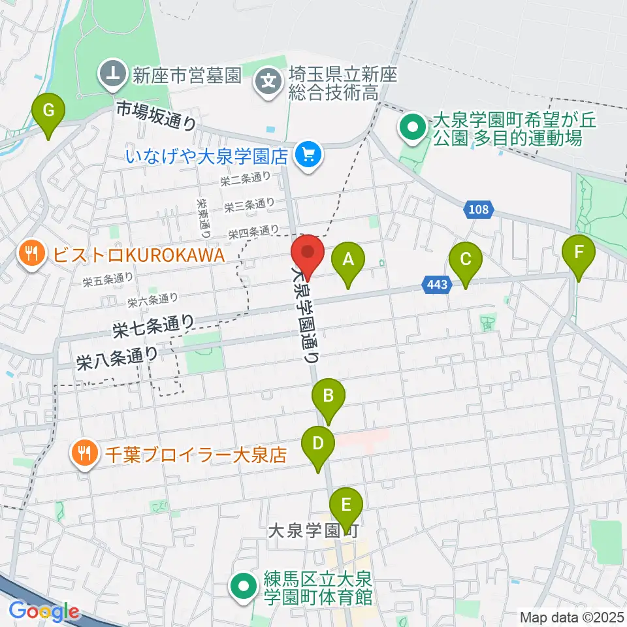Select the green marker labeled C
(465, 260)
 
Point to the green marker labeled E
(346, 505)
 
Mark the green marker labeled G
(49, 112)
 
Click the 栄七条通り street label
(153, 324)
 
